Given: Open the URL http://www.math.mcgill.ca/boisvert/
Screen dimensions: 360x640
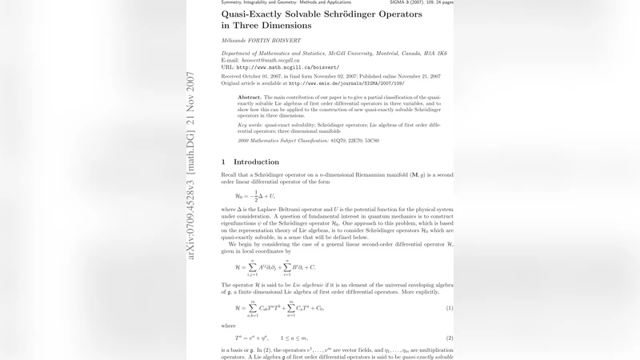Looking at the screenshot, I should tap(288, 67).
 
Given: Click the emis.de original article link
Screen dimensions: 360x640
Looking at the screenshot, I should tap(346, 82).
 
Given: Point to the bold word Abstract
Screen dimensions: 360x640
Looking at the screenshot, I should tap(250, 97).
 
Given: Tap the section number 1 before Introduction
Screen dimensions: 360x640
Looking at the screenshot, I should tap(224, 162).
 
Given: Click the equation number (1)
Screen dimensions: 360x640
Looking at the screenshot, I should tap(450, 308).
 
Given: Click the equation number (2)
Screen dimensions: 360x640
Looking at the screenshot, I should tap(450, 338).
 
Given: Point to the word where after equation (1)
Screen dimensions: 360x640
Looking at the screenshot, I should tap(230, 326).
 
